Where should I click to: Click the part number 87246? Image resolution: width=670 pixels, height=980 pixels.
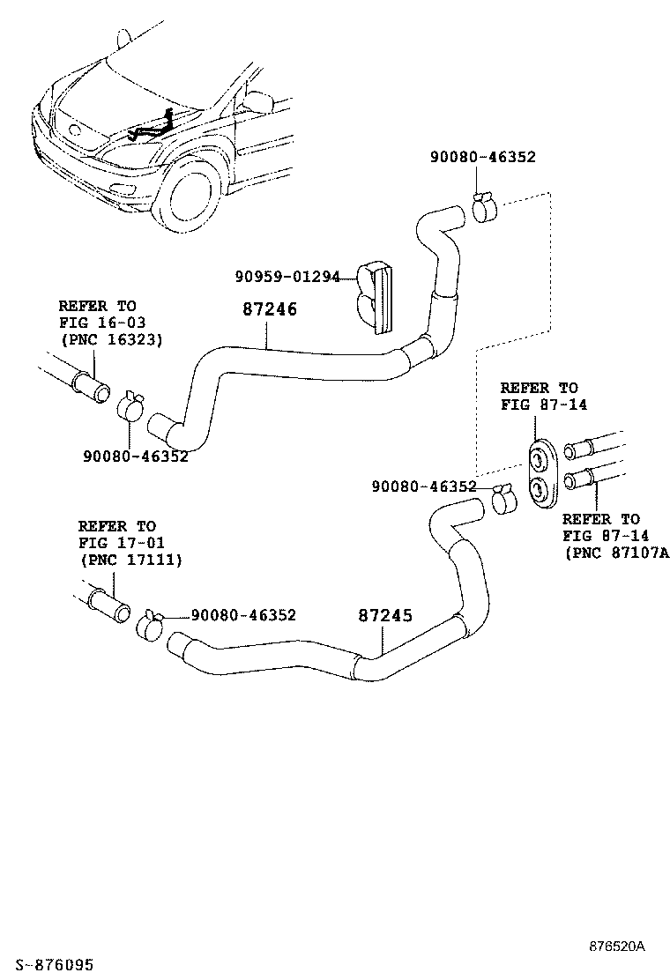270,310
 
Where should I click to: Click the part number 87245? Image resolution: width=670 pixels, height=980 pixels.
385,616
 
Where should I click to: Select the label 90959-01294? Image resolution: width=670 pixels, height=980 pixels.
287,277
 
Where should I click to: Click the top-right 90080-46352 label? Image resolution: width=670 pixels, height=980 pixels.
482,157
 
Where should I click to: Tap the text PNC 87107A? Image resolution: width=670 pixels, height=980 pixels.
616,553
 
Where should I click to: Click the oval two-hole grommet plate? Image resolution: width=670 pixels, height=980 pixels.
540,471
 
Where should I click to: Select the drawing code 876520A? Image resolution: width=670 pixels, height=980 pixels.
617,947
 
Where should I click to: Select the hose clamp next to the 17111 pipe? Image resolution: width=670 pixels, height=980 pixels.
149,624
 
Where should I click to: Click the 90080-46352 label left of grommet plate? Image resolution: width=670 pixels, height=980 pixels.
423,486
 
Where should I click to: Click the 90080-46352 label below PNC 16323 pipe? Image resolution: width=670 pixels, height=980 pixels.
136,457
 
